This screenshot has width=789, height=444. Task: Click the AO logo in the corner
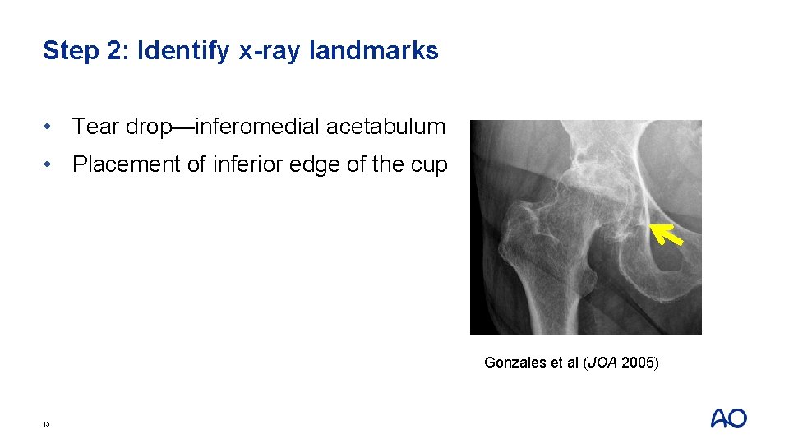tap(728, 419)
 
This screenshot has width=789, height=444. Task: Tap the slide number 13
tap(47, 424)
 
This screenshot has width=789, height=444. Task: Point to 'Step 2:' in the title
tap(86, 51)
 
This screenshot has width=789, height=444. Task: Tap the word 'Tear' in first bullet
tap(93, 127)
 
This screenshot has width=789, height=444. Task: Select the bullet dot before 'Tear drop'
tap(51, 127)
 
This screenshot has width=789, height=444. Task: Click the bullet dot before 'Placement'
tap(51, 165)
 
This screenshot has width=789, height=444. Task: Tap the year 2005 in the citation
tap(637, 363)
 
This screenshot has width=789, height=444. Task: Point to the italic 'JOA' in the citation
tap(602, 363)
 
